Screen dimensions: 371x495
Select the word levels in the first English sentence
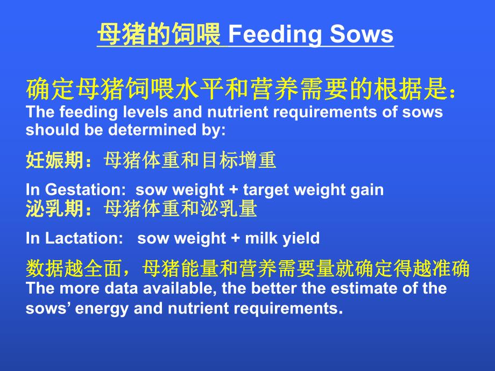pos(139,112)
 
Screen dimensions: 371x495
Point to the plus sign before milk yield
pos(235,238)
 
